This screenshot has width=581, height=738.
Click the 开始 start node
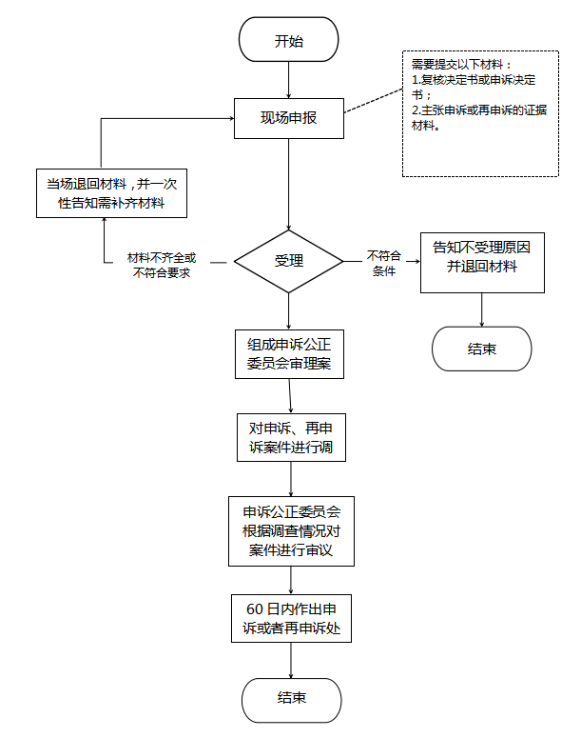289,40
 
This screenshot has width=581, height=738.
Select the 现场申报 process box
289,118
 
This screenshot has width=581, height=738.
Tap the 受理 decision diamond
289,261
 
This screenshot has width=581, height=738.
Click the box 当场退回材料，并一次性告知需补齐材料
112,193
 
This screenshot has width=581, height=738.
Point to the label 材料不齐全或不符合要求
162,265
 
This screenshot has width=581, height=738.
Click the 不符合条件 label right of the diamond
384,263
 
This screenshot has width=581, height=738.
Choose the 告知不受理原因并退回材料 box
482,263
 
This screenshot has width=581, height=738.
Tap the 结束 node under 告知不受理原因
482,349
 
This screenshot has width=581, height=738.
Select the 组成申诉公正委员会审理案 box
290,354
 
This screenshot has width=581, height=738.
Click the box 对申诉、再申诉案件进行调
291,437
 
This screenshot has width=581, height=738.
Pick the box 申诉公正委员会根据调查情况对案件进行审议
291,531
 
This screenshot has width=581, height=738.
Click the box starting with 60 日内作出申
291,618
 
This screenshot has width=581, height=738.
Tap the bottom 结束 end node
291,700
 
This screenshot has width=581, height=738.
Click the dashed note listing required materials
480,114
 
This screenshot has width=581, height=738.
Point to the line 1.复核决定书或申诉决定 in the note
474,80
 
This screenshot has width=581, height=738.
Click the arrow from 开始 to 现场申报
289,80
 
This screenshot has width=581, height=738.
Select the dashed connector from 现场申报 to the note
374,101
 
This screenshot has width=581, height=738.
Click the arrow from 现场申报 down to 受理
289,184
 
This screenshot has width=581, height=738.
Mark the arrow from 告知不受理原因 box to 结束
482,309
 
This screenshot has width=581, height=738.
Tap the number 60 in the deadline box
255,609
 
